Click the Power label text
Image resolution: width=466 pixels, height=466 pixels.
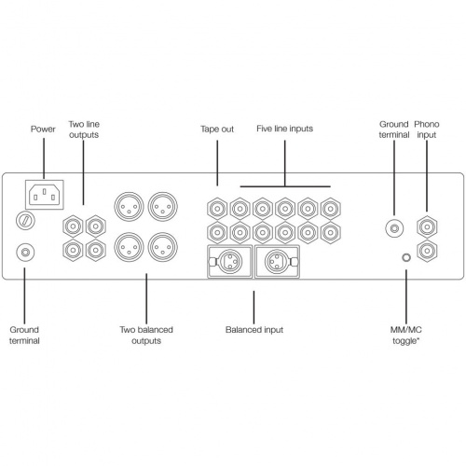click(43, 129)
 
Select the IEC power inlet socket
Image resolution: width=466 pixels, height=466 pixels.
click(45, 195)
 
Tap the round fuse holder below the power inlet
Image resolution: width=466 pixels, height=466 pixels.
click(25, 221)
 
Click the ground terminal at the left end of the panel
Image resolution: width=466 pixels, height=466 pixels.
click(25, 253)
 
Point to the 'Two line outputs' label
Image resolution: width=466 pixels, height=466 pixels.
click(84, 130)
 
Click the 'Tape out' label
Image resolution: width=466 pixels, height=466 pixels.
click(217, 129)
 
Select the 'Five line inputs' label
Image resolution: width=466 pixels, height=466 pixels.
click(285, 129)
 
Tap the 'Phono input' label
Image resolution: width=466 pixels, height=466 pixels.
click(427, 130)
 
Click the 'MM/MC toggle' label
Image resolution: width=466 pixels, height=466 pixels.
click(406, 336)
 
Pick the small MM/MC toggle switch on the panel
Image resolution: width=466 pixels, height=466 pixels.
click(406, 257)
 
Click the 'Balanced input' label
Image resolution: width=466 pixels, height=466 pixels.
click(254, 330)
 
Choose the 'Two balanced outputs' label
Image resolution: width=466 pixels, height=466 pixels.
click(146, 336)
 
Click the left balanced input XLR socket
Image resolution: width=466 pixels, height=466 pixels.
click(229, 262)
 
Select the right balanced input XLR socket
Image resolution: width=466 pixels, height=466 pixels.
click(277, 262)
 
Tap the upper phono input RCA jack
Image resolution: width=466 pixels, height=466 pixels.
click(427, 226)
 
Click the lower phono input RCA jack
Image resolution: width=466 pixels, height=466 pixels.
click(427, 251)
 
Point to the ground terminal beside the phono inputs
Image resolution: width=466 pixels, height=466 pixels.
click(394, 228)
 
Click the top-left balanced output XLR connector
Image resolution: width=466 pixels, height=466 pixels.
click(129, 207)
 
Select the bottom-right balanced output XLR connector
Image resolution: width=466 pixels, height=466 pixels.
click(163, 247)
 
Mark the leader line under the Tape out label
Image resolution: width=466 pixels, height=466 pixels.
click(217, 163)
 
